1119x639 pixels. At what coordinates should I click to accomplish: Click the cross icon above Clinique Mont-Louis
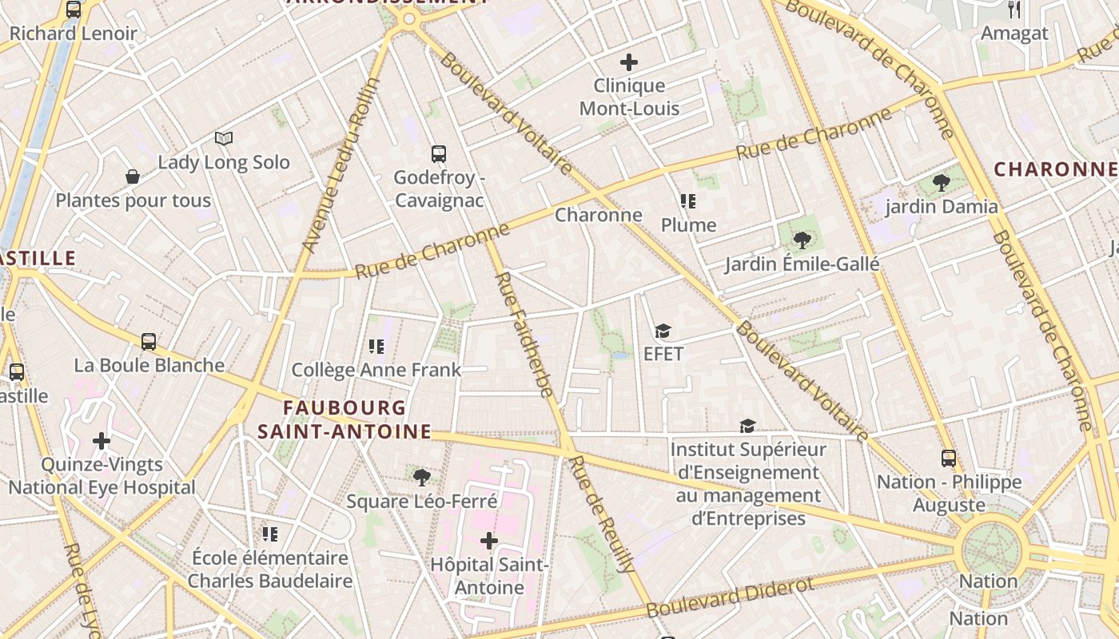coord(629,62)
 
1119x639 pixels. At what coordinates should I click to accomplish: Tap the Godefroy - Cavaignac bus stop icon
coord(438,154)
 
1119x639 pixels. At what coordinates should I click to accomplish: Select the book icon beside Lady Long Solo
coord(224,139)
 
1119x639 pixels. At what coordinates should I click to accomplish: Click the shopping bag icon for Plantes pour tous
coord(133,177)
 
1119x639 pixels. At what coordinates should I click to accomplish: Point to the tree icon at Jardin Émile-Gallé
coord(802,240)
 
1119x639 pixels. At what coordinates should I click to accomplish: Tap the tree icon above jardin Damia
coord(941,183)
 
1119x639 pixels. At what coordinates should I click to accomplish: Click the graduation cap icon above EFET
coord(663,331)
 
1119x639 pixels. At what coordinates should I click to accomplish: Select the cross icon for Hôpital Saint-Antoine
coord(488,541)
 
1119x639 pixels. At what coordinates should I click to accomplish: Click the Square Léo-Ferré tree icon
coord(421,478)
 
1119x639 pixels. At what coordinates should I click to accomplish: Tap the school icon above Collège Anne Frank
coord(376,346)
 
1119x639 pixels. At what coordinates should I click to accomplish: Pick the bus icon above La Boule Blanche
coord(149,342)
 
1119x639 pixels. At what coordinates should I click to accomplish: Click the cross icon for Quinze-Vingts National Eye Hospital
coord(102,440)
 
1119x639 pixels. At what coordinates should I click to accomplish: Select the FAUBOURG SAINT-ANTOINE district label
coord(344,420)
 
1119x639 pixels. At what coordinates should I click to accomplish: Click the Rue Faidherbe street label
coord(524,334)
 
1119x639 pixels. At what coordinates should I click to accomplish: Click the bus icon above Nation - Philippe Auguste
coord(949,458)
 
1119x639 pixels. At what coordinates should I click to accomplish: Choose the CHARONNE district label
coord(1054,169)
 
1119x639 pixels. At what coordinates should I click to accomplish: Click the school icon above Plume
coord(688,200)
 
